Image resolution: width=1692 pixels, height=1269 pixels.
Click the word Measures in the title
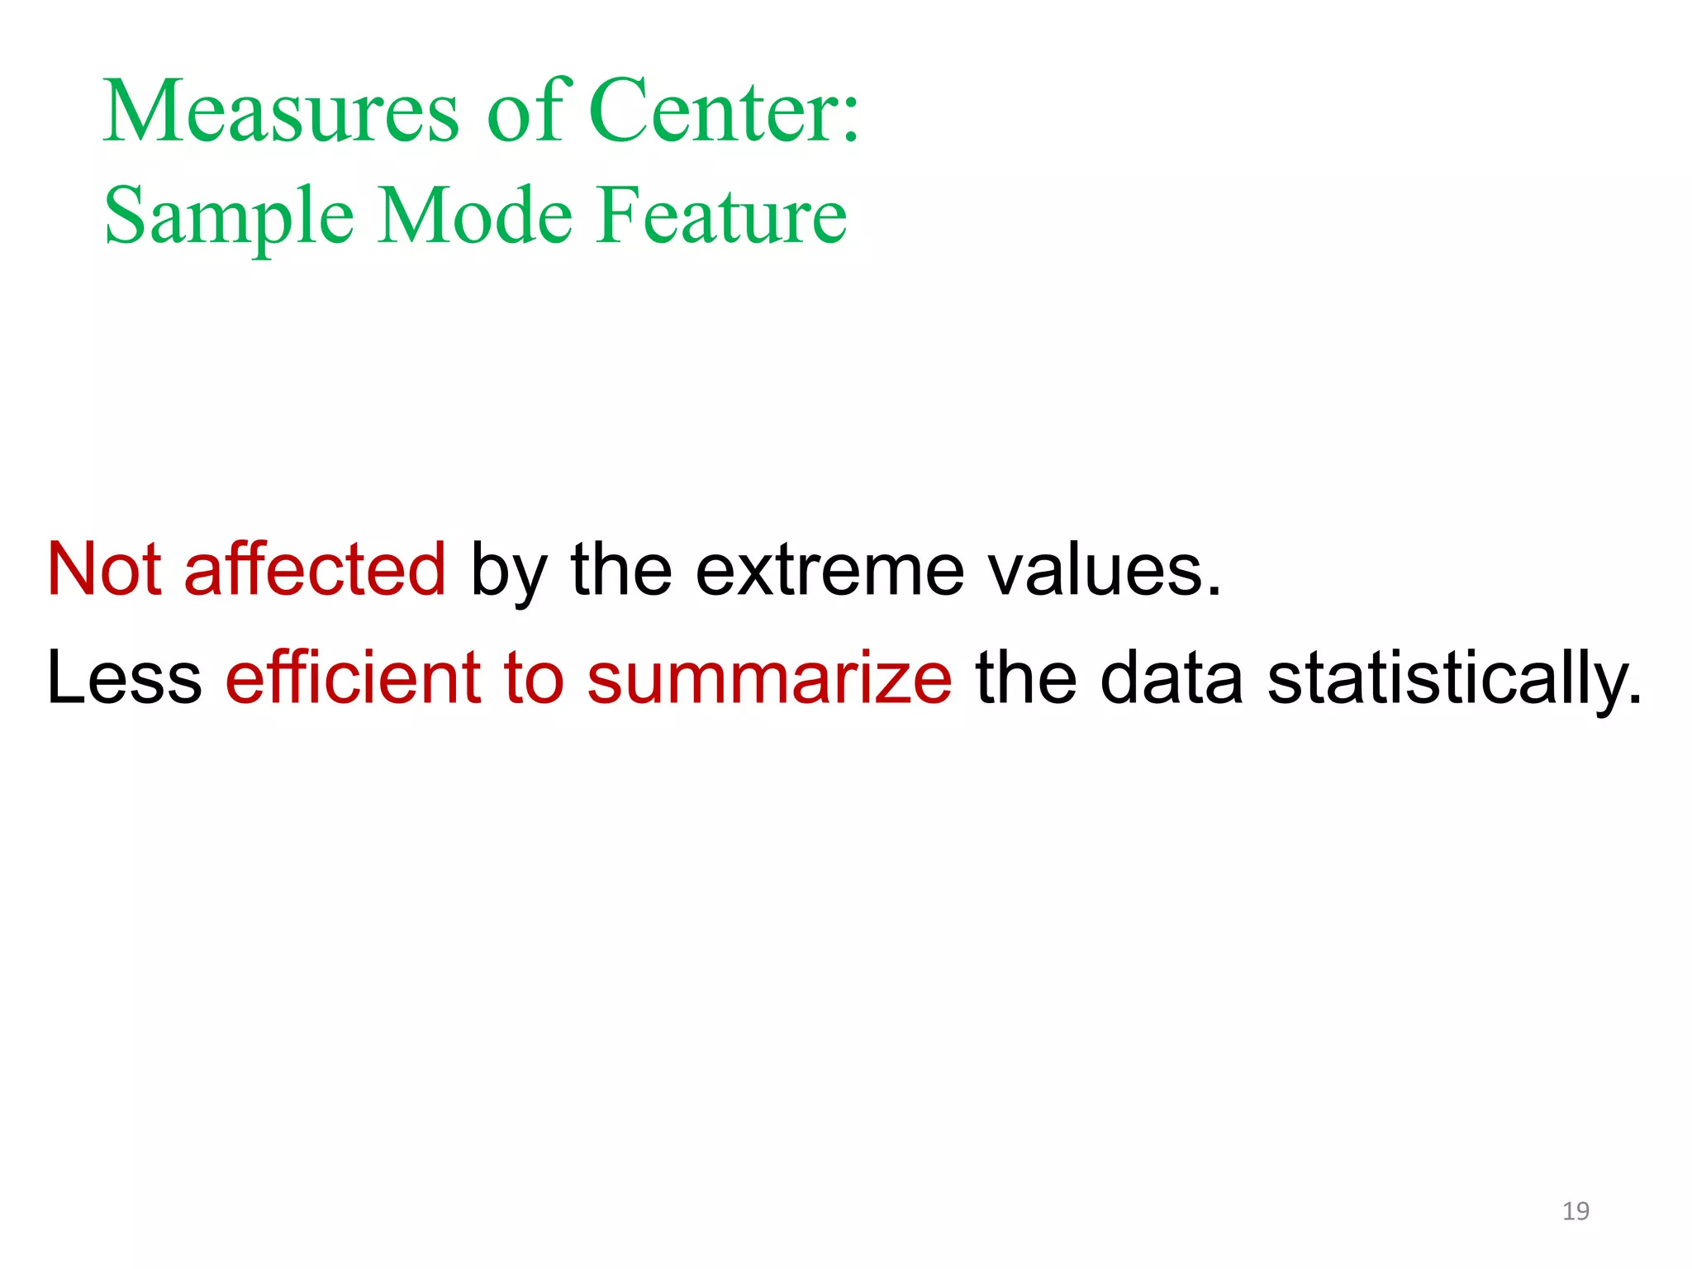tap(281, 111)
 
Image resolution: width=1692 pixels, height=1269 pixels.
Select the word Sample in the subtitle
tap(229, 216)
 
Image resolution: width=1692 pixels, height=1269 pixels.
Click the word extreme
tap(829, 570)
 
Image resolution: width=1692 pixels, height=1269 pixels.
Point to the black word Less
tap(124, 677)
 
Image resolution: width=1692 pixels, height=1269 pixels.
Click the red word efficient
tap(353, 677)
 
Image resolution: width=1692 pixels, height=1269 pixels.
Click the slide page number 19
tap(1576, 1211)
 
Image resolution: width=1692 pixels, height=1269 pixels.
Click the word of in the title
tap(525, 111)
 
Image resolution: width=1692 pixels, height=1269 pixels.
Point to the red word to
tap(534, 677)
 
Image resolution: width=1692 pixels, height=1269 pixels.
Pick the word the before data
tap(1026, 677)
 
